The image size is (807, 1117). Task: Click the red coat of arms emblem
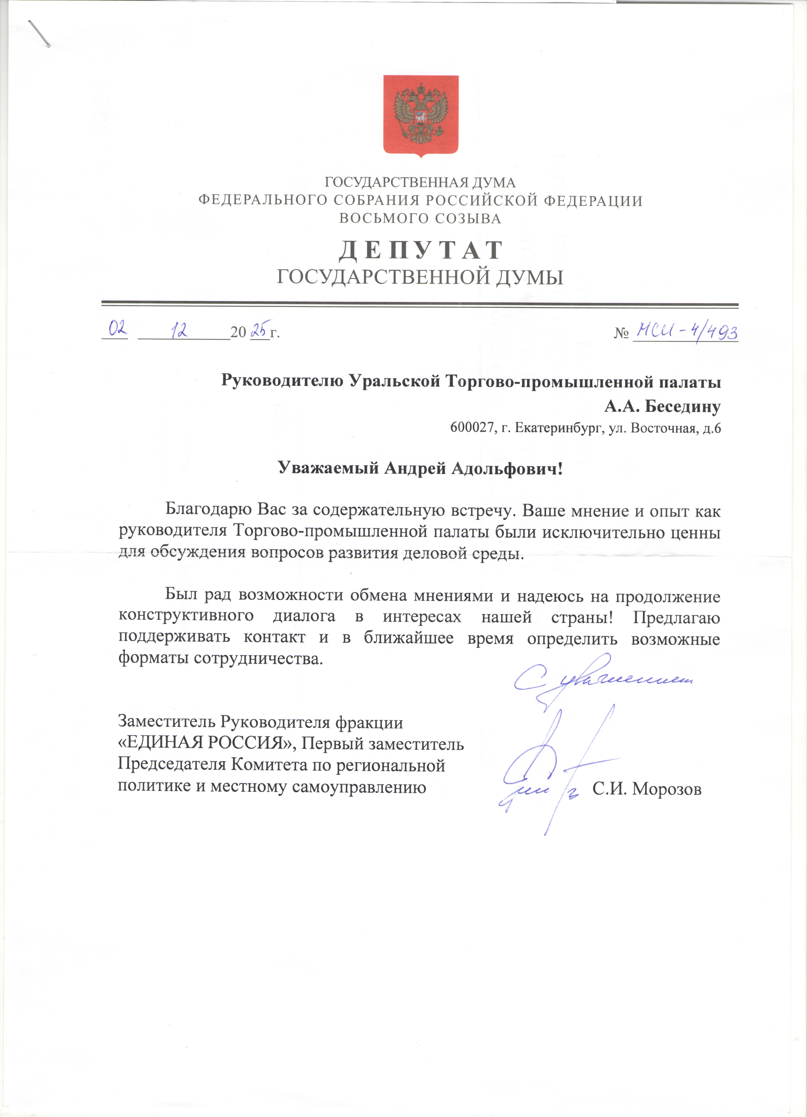click(421, 116)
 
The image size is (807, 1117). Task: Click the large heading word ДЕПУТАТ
click(421, 250)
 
